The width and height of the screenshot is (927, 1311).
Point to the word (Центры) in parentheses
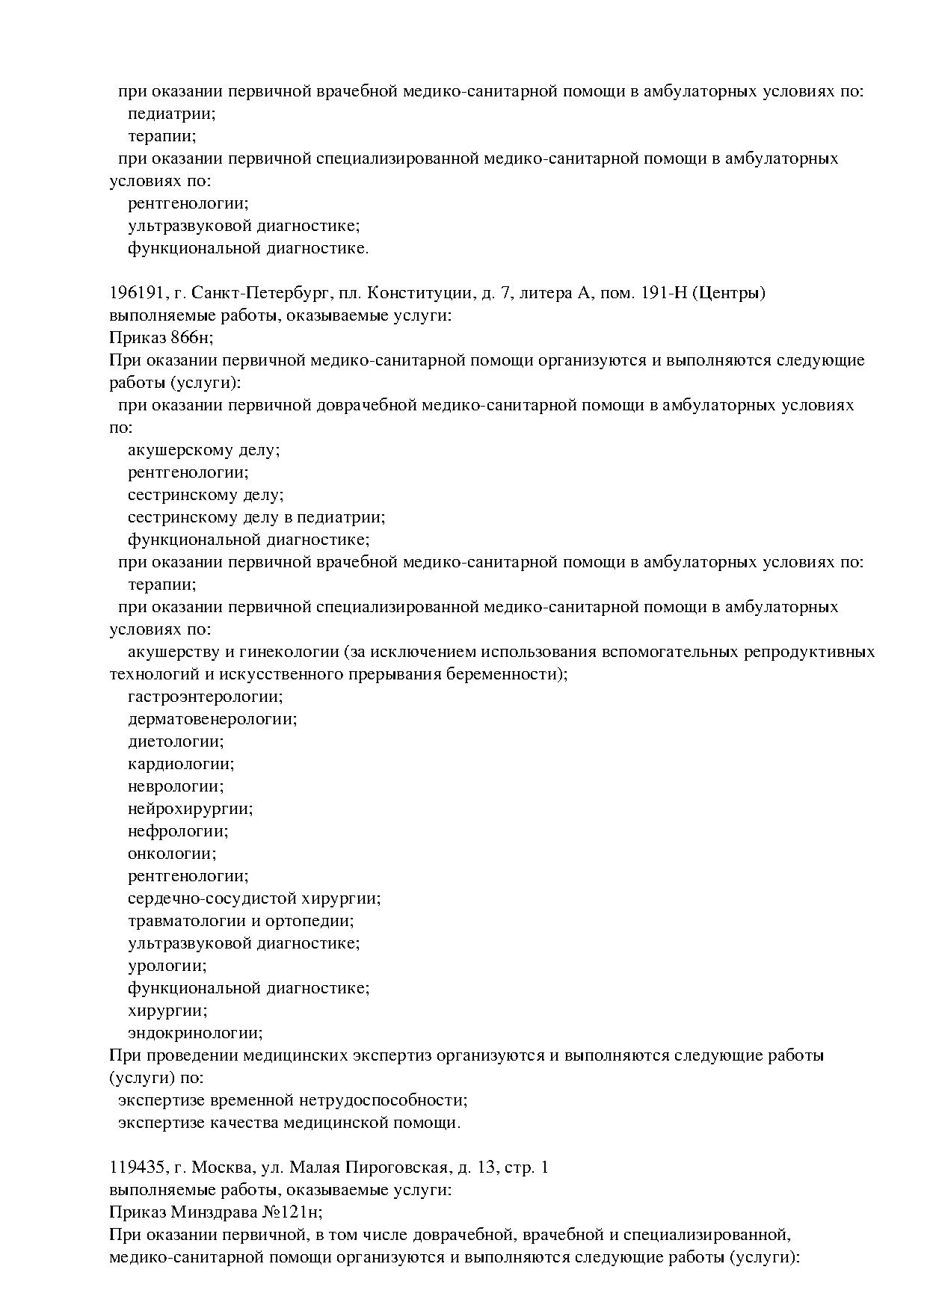click(x=727, y=293)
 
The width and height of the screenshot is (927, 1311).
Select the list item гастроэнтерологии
click(x=206, y=697)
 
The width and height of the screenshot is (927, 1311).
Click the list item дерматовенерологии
click(x=212, y=719)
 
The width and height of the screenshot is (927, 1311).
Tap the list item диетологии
click(x=176, y=741)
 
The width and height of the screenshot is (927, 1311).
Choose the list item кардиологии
click(x=181, y=764)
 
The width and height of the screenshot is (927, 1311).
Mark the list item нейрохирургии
click(x=190, y=809)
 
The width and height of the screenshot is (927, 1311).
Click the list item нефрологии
click(x=178, y=831)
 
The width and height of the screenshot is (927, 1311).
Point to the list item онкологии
click(x=172, y=854)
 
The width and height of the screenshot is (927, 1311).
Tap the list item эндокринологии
click(x=195, y=1033)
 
